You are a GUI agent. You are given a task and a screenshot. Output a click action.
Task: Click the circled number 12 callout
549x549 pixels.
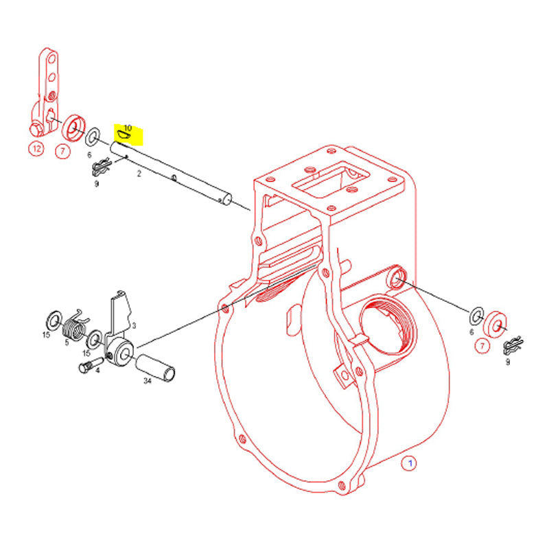click(36, 149)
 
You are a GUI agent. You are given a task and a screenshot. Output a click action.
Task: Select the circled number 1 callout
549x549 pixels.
click(410, 463)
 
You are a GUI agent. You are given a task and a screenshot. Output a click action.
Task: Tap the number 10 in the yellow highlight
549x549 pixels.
click(128, 128)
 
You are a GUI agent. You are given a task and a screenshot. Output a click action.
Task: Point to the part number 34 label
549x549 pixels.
click(148, 380)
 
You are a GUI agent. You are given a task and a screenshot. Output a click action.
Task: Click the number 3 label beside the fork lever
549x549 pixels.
click(134, 325)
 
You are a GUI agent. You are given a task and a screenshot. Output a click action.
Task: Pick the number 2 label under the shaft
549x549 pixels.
click(139, 174)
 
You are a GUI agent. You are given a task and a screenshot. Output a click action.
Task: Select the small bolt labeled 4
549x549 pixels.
click(91, 364)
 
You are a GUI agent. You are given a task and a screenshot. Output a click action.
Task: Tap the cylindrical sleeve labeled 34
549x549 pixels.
click(155, 368)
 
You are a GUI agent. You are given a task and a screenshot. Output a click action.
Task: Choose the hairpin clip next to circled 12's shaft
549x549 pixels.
click(102, 167)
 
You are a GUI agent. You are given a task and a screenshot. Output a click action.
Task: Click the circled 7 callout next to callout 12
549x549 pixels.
click(62, 151)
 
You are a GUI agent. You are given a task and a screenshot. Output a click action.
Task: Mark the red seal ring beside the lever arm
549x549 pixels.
click(73, 128)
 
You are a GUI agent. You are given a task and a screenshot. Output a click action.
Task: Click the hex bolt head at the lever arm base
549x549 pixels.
click(36, 130)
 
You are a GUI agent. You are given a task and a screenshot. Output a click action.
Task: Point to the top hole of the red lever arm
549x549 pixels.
click(52, 58)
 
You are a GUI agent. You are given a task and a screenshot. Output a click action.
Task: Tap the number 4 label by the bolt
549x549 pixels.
click(97, 370)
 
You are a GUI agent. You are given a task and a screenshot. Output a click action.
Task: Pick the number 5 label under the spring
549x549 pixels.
click(67, 342)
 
